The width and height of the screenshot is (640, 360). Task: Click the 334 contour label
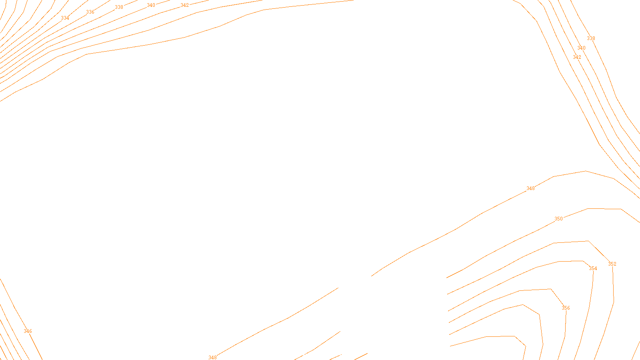pos(65,18)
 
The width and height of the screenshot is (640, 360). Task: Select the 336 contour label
pos(90,12)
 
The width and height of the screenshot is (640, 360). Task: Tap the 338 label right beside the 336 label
pos(119,7)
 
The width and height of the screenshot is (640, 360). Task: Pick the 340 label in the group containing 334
pos(151,5)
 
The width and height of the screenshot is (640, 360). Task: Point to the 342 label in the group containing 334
pos(184,5)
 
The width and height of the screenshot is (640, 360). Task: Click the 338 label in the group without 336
pos(591,38)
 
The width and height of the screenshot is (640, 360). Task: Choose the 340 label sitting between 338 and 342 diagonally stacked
pos(581,48)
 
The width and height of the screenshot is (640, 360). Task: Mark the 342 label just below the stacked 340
pos(577,57)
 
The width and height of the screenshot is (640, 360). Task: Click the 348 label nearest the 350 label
pos(530,188)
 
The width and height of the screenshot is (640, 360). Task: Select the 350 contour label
pos(558,219)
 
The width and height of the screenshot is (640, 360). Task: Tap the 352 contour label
pos(612,264)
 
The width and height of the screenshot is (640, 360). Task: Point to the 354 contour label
pos(593,268)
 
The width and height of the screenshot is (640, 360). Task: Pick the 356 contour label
pos(566,308)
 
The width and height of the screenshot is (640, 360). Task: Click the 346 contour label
pos(28,331)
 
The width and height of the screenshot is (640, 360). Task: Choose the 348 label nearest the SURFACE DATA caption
pos(212,357)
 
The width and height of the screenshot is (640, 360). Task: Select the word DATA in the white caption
pos(338,354)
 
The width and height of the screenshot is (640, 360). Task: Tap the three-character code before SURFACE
pos(303,354)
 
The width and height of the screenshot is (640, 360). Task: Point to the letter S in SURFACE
pos(312,354)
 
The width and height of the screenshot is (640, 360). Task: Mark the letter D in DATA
pos(334,354)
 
